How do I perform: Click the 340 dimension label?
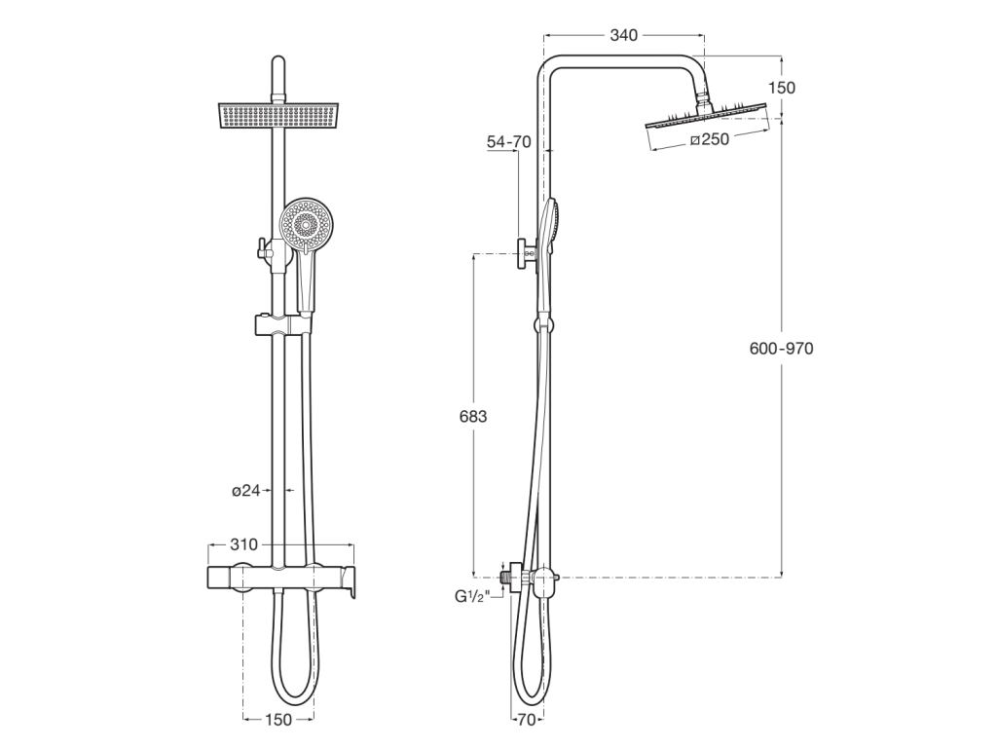click(623, 36)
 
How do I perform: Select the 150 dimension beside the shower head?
click(781, 88)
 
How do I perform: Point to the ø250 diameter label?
click(709, 139)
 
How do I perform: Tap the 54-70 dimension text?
click(508, 142)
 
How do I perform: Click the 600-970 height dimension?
click(781, 349)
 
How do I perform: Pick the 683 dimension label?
click(472, 416)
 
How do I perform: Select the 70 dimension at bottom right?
click(525, 721)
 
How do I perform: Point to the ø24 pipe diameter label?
click(246, 491)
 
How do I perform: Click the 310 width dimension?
click(244, 544)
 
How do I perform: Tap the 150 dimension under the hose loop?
click(278, 720)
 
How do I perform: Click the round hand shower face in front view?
click(306, 225)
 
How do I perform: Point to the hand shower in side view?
click(551, 234)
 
